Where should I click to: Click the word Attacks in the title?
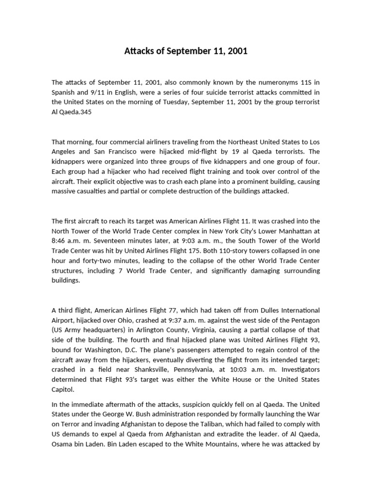pos(139,51)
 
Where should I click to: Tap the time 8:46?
pos(60,241)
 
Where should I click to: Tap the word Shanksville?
pos(140,370)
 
